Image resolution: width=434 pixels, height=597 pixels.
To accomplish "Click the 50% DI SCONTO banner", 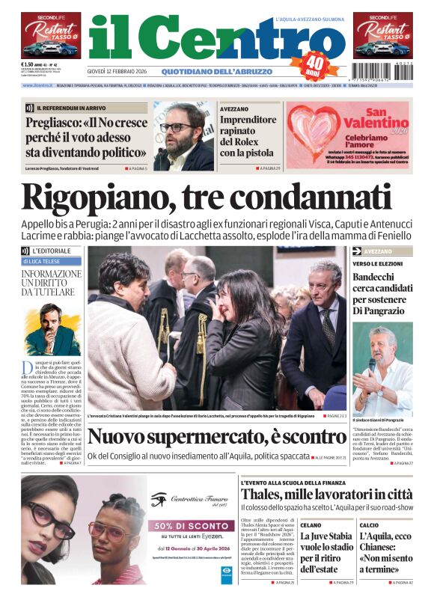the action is coord(191,525).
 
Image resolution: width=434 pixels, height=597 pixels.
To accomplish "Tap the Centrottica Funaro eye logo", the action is coord(158,499).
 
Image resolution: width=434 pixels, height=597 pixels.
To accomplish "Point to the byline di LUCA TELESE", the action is coord(49,262).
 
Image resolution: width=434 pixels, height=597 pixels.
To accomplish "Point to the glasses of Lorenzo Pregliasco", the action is coord(177,127).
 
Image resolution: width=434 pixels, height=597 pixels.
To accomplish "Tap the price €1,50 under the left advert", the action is coord(31,64).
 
